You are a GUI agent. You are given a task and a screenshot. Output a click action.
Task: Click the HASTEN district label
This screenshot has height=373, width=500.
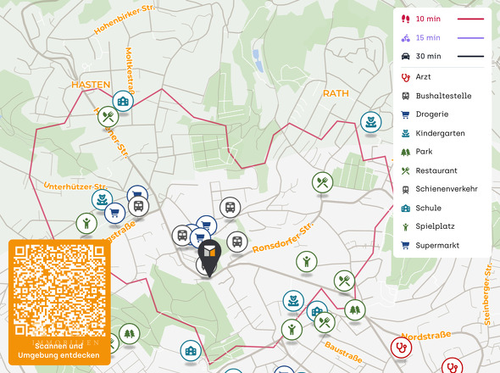point(91,85)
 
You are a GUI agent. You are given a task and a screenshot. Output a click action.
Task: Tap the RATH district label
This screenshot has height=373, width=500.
point(336,92)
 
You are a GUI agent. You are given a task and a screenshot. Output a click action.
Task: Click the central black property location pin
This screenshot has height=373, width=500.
point(208,255)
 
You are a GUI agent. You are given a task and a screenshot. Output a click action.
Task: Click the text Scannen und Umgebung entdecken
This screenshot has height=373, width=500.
point(59,351)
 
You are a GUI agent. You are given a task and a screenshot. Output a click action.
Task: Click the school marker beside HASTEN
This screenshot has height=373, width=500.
point(124,103)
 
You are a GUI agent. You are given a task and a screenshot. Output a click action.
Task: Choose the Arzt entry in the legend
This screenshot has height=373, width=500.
point(423,77)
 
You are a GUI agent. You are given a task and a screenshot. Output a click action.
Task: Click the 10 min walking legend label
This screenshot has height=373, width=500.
point(428,18)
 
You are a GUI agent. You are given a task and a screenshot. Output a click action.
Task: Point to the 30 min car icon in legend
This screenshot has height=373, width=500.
point(406,56)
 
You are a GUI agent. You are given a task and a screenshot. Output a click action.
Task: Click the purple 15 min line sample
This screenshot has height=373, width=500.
point(470,37)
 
